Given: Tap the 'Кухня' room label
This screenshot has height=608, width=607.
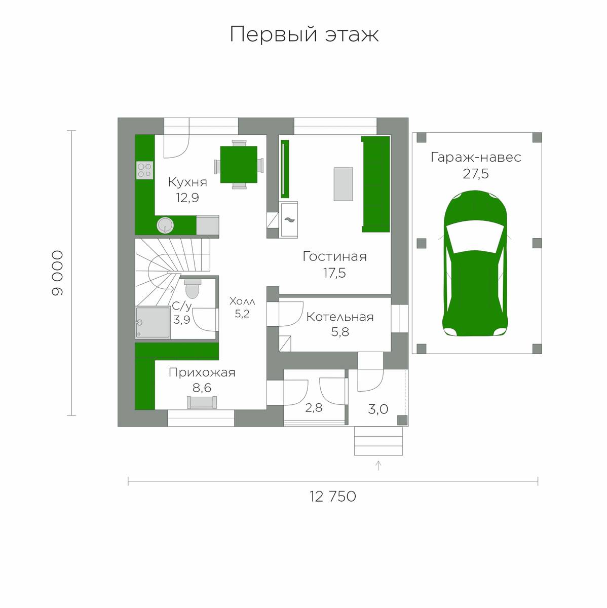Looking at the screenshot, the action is (x=187, y=182).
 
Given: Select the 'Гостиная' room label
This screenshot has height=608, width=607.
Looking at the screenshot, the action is (x=334, y=256).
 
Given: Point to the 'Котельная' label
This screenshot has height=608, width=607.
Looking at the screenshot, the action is (x=340, y=317).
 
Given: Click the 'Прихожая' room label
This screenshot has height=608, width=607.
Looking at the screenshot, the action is (x=202, y=372).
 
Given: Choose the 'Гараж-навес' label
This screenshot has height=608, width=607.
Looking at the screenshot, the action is (x=476, y=157).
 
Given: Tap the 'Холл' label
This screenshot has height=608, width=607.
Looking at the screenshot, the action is (x=242, y=301).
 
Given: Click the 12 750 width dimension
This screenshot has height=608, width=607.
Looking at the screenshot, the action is (x=333, y=497).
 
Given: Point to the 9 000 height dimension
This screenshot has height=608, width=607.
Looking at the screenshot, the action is (x=57, y=273).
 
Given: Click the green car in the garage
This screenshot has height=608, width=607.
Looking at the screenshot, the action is (x=476, y=263).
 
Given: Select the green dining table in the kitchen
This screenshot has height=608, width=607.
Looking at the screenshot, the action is (x=239, y=164).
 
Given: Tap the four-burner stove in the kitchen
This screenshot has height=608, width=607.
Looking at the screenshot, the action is (x=145, y=170).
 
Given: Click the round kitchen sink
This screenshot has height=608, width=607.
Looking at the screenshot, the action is (x=165, y=225).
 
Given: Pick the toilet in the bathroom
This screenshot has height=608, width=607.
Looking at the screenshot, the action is (x=192, y=289).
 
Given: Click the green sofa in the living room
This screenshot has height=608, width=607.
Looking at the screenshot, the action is (x=375, y=184).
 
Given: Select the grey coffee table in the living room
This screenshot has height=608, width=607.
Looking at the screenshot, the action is (x=344, y=184).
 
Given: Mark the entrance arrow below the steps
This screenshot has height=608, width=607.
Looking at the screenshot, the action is (x=378, y=466).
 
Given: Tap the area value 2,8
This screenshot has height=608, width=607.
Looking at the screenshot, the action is (x=314, y=408).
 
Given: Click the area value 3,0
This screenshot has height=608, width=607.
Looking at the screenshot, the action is (x=378, y=409).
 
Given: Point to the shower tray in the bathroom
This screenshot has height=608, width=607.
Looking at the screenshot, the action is (x=153, y=322).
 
